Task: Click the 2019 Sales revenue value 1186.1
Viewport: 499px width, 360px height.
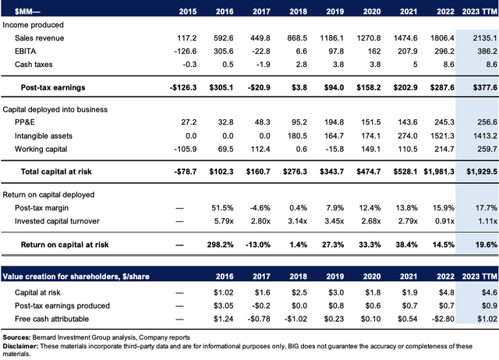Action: [331, 38]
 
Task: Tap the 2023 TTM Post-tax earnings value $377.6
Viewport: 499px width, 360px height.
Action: [485, 87]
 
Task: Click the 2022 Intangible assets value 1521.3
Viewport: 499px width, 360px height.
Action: [442, 136]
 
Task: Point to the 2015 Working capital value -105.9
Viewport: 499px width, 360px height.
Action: [186, 149]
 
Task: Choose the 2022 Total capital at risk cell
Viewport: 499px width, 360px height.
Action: [439, 171]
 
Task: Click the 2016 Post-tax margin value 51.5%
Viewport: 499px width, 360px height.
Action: [222, 208]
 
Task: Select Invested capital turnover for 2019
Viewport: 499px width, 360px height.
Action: [334, 221]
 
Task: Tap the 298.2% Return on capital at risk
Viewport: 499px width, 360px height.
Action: [220, 245]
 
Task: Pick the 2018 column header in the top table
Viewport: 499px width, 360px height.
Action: [298, 12]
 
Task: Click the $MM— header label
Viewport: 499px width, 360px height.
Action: [27, 12]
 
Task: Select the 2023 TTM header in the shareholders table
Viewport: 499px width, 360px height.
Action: [480, 277]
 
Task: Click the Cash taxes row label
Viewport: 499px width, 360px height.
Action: [34, 65]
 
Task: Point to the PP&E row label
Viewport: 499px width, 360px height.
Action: [24, 122]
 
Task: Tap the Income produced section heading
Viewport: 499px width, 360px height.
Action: [33, 25]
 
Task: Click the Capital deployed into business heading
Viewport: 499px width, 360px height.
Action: [55, 109]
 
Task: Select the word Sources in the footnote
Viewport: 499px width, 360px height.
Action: [16, 337]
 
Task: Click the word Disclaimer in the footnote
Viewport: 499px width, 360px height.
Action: [20, 346]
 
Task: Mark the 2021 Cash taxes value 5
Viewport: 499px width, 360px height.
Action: [415, 65]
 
